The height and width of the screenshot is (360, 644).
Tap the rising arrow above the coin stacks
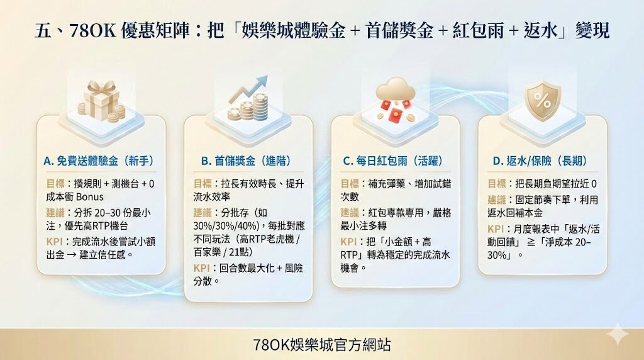pos(247,89)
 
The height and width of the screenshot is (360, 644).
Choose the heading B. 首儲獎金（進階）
pos(247,161)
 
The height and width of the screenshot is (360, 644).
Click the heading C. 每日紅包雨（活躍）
pos(394,161)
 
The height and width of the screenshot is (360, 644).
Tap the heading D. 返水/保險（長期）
pos(542,161)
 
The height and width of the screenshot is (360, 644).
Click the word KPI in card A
pos(55,242)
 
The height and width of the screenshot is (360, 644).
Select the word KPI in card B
pos(202,269)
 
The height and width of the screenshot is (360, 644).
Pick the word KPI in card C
pos(349,242)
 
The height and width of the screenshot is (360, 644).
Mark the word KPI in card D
pos(496,228)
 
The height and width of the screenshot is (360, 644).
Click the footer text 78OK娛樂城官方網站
pos(322,344)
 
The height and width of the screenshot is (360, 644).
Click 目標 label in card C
pos(350,183)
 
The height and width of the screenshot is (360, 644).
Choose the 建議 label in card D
pos(497,199)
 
